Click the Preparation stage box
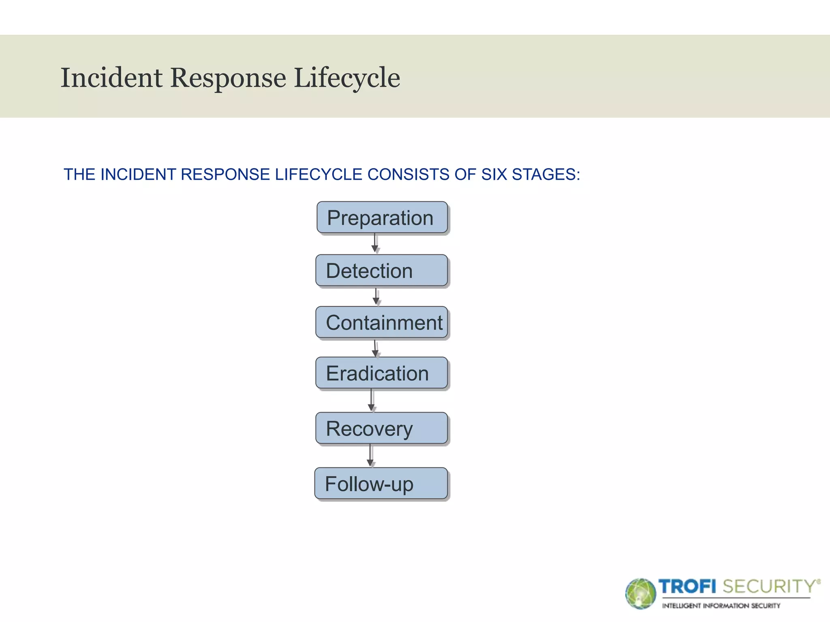coord(382,218)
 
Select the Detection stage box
coord(381,271)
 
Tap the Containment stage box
coord(381,323)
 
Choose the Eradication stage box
coord(381,373)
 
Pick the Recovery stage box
coord(381,428)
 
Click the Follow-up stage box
coord(381,484)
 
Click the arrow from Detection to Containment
coord(376,297)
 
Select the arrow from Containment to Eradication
coord(375,348)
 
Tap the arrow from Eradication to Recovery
coord(371,400)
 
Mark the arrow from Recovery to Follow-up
coord(370,456)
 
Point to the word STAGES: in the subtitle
coord(546,175)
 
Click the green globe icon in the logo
coord(640,594)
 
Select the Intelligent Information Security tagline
coord(721,606)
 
